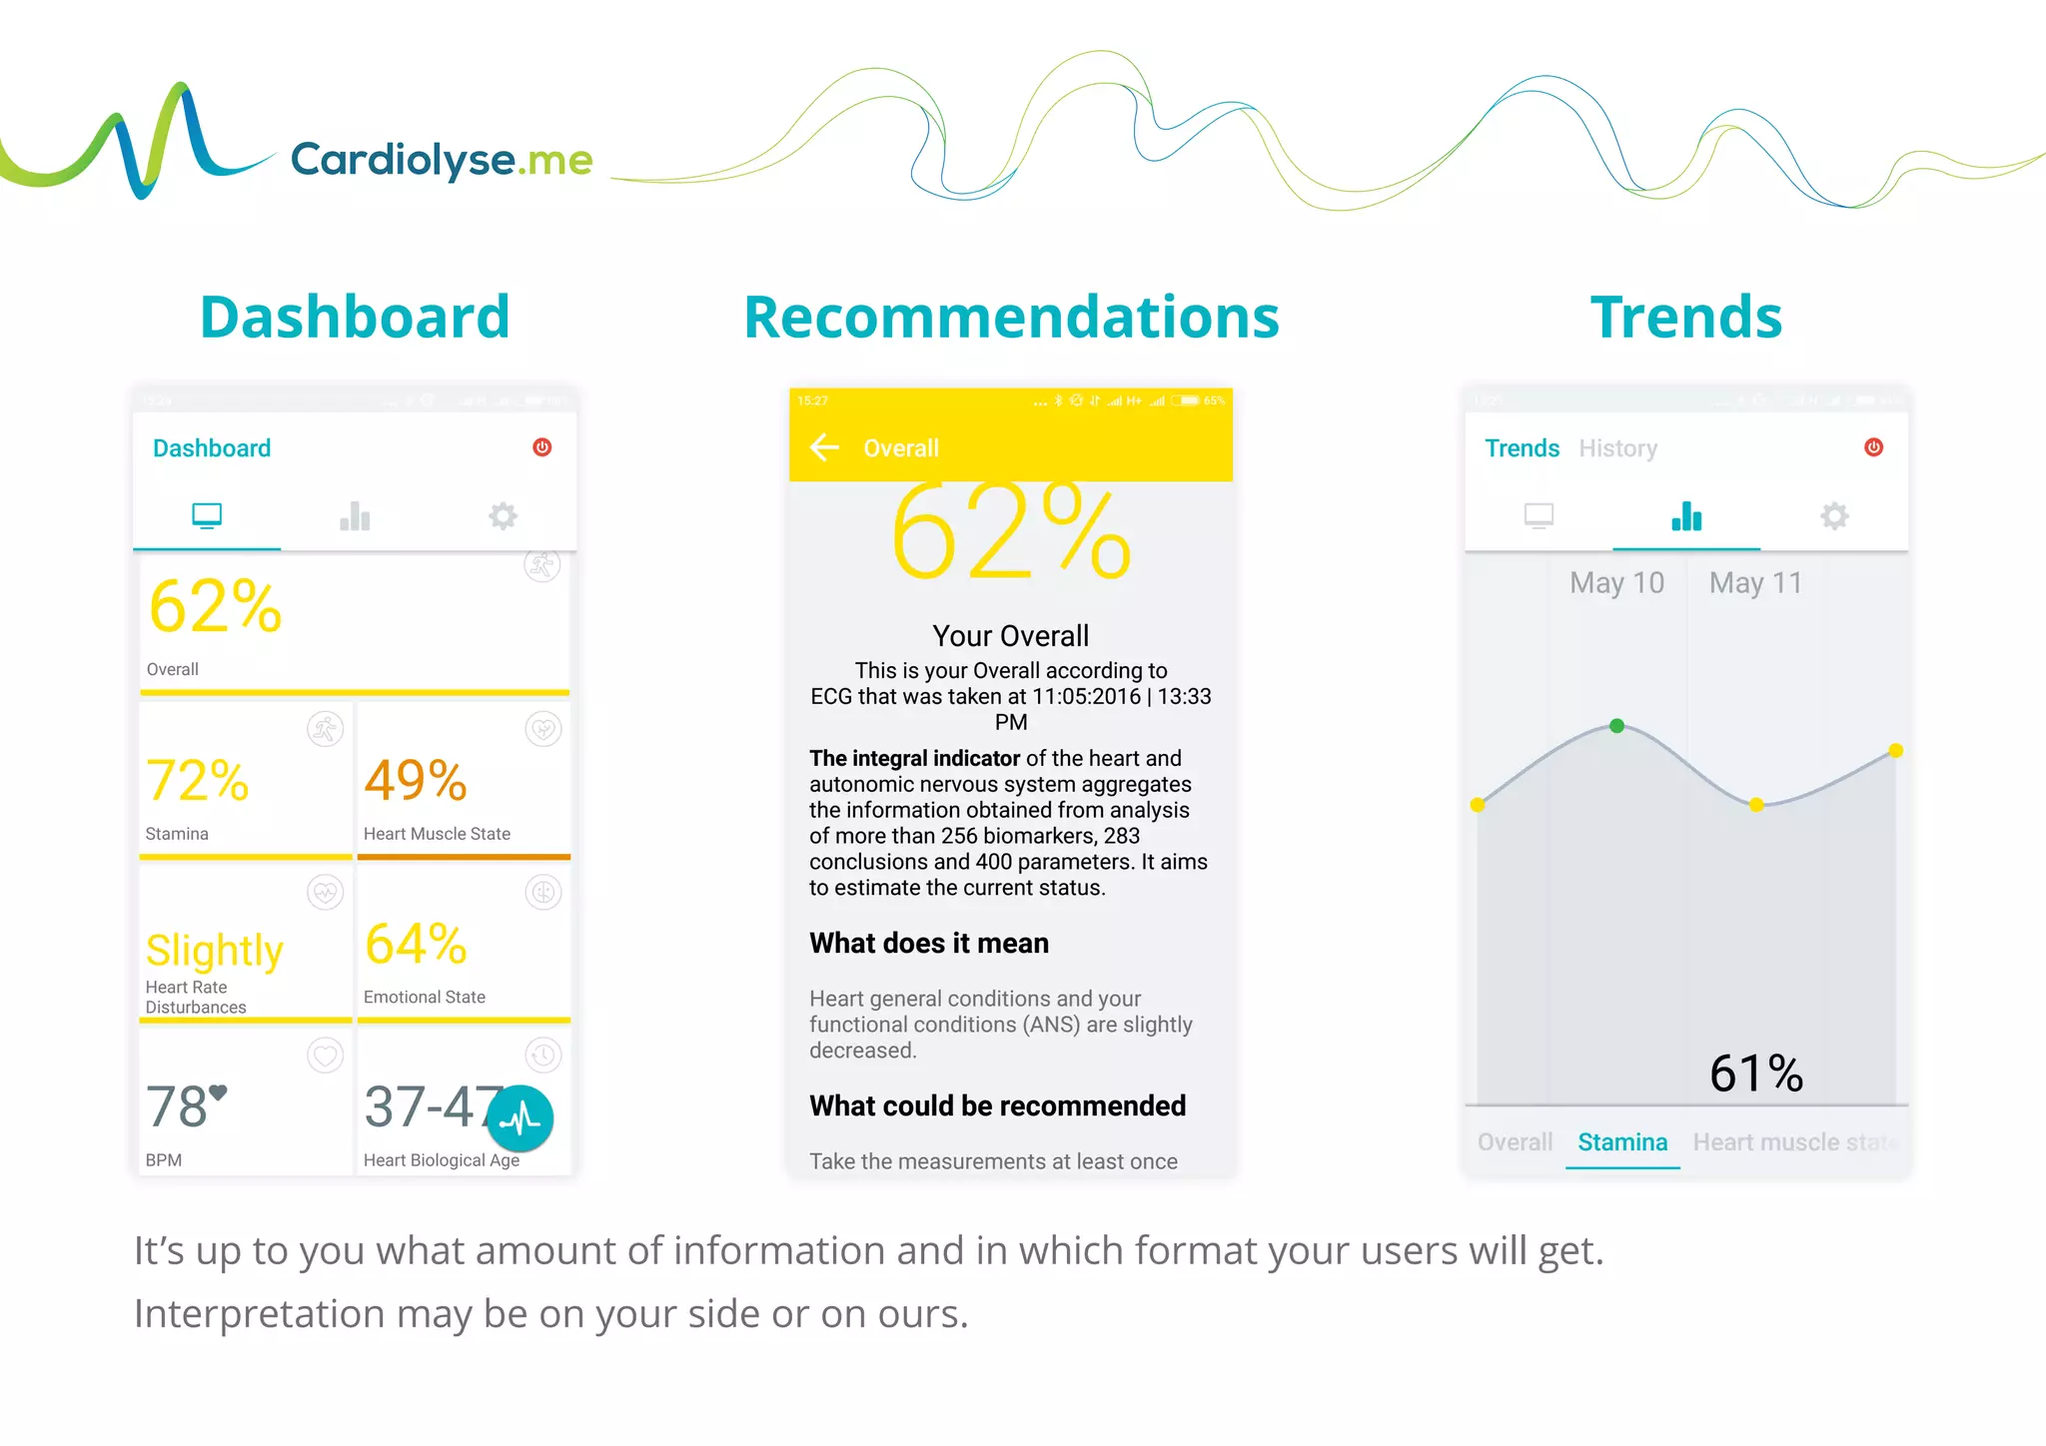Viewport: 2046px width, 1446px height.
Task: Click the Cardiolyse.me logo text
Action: pos(441,160)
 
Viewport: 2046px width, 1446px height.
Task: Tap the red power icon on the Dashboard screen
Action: pos(542,447)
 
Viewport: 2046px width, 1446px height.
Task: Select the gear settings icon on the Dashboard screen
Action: pos(503,516)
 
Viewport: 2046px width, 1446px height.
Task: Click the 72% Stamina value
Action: pos(197,781)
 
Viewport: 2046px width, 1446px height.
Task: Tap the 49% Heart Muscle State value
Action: pos(416,781)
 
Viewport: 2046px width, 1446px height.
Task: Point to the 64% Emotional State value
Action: pos(416,945)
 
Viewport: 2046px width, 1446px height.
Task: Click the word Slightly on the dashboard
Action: pos(215,951)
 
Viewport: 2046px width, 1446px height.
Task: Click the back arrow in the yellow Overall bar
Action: pos(824,447)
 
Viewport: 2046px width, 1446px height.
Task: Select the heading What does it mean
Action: pos(929,944)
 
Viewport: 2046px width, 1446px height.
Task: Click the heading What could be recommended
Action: pos(997,1106)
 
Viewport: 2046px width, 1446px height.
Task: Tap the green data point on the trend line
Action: pos(1616,726)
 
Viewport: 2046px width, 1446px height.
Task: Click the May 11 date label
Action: pos(1755,583)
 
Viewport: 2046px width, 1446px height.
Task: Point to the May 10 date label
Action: pos(1616,583)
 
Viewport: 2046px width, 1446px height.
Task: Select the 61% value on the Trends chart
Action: pos(1755,1075)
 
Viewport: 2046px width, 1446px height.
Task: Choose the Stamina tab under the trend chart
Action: pos(1622,1142)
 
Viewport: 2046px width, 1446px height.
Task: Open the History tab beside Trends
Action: pos(1617,448)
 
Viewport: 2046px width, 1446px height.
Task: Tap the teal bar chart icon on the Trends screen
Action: pos(1686,516)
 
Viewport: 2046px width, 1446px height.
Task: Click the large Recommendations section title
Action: pos(1011,318)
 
